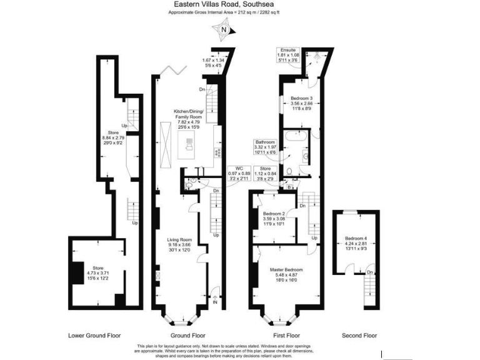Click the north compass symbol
tap(223, 29)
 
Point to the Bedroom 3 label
tap(301, 103)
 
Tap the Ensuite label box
tap(288, 55)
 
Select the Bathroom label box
tap(264, 146)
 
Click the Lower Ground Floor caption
tap(94, 336)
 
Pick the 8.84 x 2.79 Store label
tap(113, 137)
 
